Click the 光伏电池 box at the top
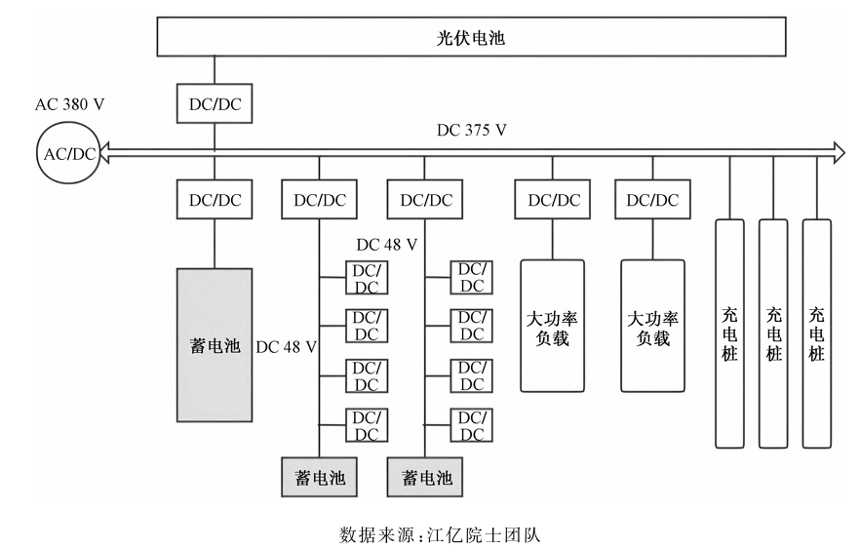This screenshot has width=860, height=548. (472, 39)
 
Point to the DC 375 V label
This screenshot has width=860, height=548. (473, 130)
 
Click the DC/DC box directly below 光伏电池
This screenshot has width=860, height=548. (214, 102)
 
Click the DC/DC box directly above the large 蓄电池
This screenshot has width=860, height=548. (214, 200)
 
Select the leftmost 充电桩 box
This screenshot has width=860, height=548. (730, 333)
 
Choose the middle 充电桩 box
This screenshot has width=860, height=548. (773, 333)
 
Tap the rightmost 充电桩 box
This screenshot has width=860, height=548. (816, 333)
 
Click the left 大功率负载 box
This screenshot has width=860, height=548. (552, 326)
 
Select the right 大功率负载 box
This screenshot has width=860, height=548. (652, 326)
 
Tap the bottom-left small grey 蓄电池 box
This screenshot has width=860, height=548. (319, 477)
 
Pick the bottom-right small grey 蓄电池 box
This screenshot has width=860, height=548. (425, 477)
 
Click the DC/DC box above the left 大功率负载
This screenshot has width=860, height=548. (552, 200)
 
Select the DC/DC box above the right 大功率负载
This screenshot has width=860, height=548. (652, 200)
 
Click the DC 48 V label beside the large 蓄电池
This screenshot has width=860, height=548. (286, 346)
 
